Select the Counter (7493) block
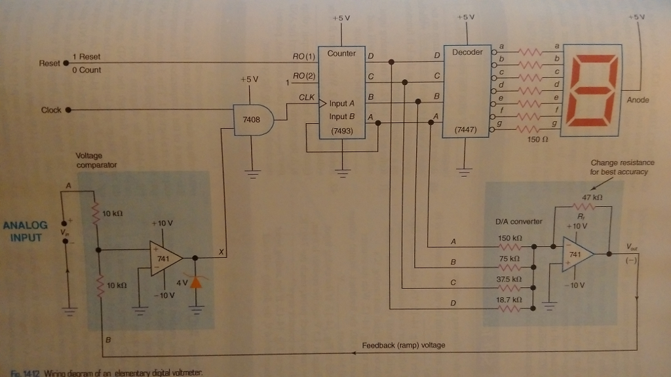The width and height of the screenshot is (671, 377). point(342,92)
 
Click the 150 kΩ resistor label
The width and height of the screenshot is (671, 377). point(510,238)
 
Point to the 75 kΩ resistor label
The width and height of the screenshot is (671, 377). point(510,259)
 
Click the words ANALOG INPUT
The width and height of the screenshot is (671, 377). point(25,231)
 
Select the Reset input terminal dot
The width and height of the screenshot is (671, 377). point(65,63)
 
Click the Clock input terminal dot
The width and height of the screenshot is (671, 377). point(67,110)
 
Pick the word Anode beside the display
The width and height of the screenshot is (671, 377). point(638,100)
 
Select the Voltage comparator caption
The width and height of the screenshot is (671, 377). point(97,160)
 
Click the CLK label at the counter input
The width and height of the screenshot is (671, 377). point(307,97)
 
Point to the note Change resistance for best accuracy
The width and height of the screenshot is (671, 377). point(622,167)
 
